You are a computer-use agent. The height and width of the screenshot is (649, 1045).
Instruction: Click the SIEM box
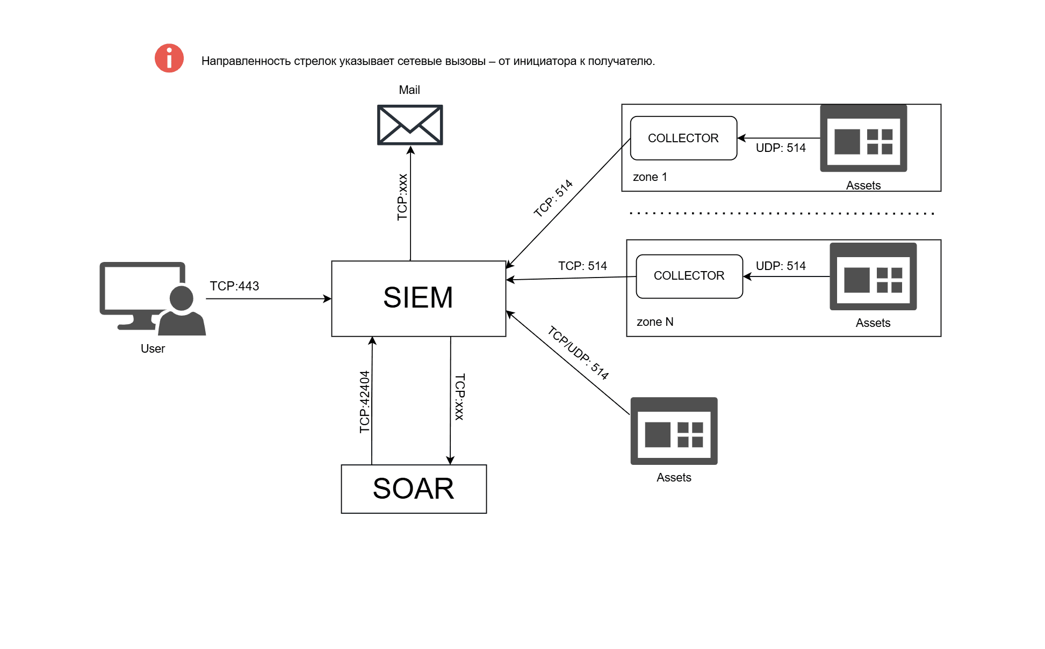pos(419,298)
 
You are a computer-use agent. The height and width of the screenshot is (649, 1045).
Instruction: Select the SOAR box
pos(414,488)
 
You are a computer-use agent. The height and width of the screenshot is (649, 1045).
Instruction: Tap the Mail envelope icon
pos(410,125)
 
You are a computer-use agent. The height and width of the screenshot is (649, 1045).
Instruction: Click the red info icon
pos(169,58)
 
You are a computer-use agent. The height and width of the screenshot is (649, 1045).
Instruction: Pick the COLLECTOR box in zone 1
pos(683,138)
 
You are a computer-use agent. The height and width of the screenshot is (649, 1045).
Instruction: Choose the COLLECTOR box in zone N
pos(689,276)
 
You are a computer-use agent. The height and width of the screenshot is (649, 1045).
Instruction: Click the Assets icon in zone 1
pos(863,138)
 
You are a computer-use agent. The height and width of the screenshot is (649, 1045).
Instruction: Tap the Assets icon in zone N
pos(873,276)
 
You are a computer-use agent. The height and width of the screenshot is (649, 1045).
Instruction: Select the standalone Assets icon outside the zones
pos(674,431)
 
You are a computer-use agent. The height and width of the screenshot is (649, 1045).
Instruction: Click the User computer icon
pos(152,298)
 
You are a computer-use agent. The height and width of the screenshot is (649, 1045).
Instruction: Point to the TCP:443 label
pos(234,286)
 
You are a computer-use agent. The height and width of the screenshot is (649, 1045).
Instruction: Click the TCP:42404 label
pos(365,402)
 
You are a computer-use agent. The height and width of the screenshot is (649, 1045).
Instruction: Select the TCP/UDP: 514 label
pos(578,353)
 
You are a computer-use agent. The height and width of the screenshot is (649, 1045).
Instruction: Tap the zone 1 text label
pos(650,177)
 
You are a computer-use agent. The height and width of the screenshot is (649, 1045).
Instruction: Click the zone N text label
pos(655,322)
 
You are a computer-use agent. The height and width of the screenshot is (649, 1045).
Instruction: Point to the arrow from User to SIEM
pos(269,298)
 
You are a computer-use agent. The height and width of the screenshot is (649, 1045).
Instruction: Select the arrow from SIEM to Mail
pos(410,204)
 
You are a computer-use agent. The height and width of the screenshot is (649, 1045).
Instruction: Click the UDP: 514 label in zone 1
pos(781,148)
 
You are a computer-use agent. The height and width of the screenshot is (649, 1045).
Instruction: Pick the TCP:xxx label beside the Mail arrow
pos(402,197)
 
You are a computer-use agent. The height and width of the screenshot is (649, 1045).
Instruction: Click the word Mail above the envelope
pos(409,90)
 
